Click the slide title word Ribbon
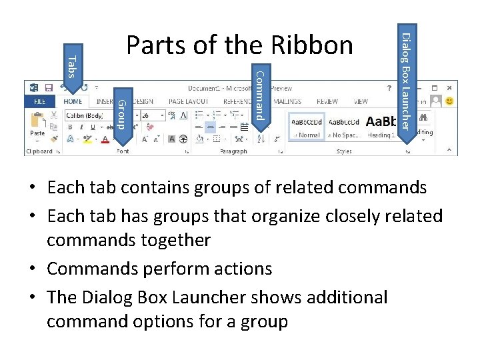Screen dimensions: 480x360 coord(312,45)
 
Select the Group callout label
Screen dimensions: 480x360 coord(122,113)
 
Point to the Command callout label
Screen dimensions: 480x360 coord(261,95)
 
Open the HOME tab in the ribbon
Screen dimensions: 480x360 coord(73,102)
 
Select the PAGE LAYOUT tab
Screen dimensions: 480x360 coord(189,102)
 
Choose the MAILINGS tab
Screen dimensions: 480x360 coord(287,102)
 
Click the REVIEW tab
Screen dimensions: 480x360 coord(327,102)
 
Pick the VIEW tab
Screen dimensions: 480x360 coord(361,102)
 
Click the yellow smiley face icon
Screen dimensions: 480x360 coord(450,101)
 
